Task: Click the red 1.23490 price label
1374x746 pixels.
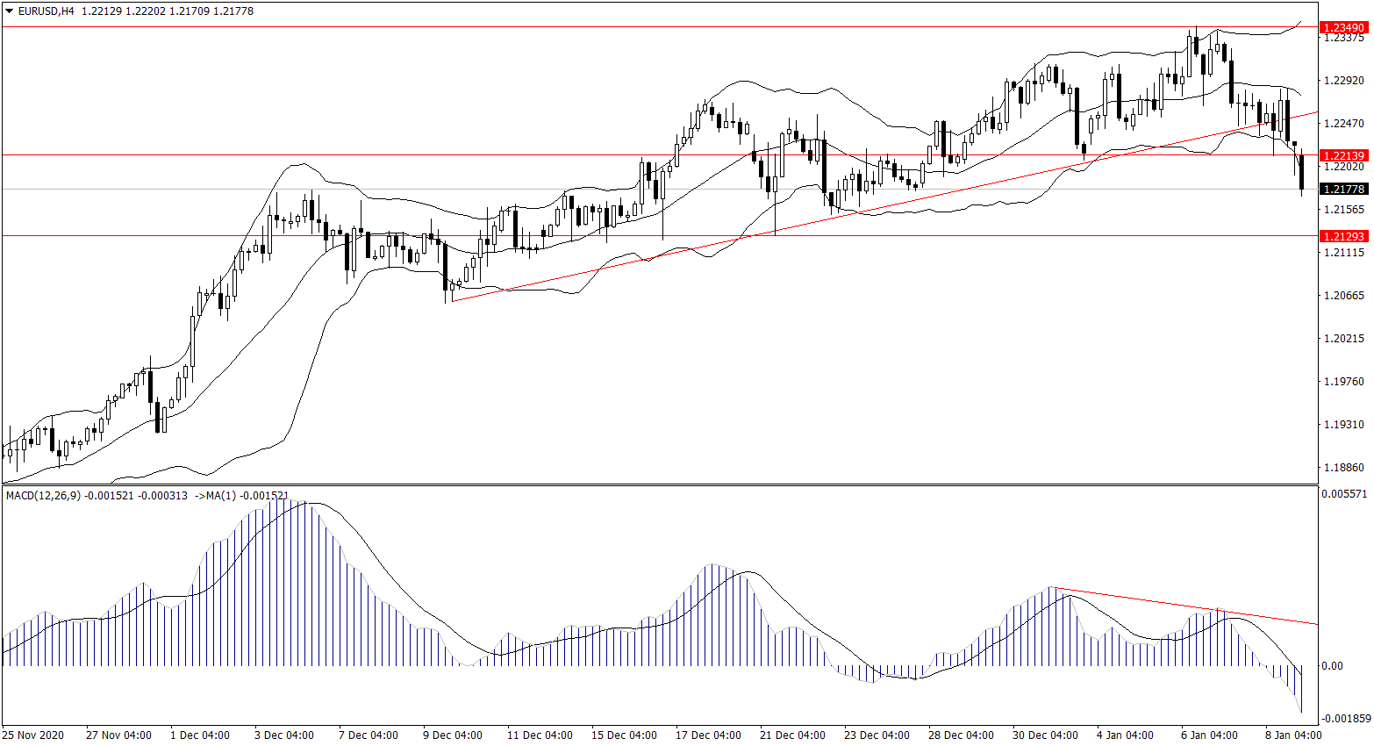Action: pos(1344,28)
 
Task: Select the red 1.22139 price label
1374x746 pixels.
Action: pos(1344,155)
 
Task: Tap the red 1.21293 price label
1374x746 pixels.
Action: pos(1344,236)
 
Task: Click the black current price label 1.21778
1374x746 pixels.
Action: pos(1344,189)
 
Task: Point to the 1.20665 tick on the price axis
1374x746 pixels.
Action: pos(1343,296)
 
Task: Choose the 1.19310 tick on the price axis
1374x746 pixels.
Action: pos(1343,425)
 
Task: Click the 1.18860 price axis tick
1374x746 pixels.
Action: pos(1343,468)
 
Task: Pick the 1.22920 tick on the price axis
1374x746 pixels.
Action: pos(1343,81)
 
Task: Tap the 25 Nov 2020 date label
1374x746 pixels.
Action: pos(33,735)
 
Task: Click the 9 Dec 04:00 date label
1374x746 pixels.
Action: pos(452,735)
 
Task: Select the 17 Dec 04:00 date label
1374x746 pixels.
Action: pos(708,735)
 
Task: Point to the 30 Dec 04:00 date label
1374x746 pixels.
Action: pos(1045,735)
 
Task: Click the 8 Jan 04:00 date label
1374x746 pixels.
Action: pos(1292,735)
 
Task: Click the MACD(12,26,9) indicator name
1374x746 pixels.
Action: pos(43,496)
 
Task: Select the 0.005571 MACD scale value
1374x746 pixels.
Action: pos(1343,494)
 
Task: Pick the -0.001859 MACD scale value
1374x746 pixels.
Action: pos(1343,719)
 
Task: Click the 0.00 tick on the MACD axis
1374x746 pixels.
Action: pos(1332,666)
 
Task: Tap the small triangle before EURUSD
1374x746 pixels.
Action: pos(10,11)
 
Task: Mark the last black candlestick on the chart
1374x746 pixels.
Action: pos(1301,171)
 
